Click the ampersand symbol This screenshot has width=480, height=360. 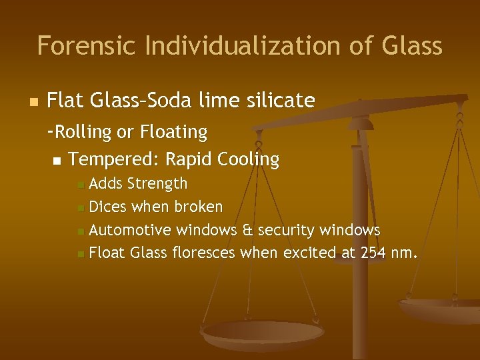coord(247,231)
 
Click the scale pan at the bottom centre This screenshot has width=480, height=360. coord(263,333)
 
